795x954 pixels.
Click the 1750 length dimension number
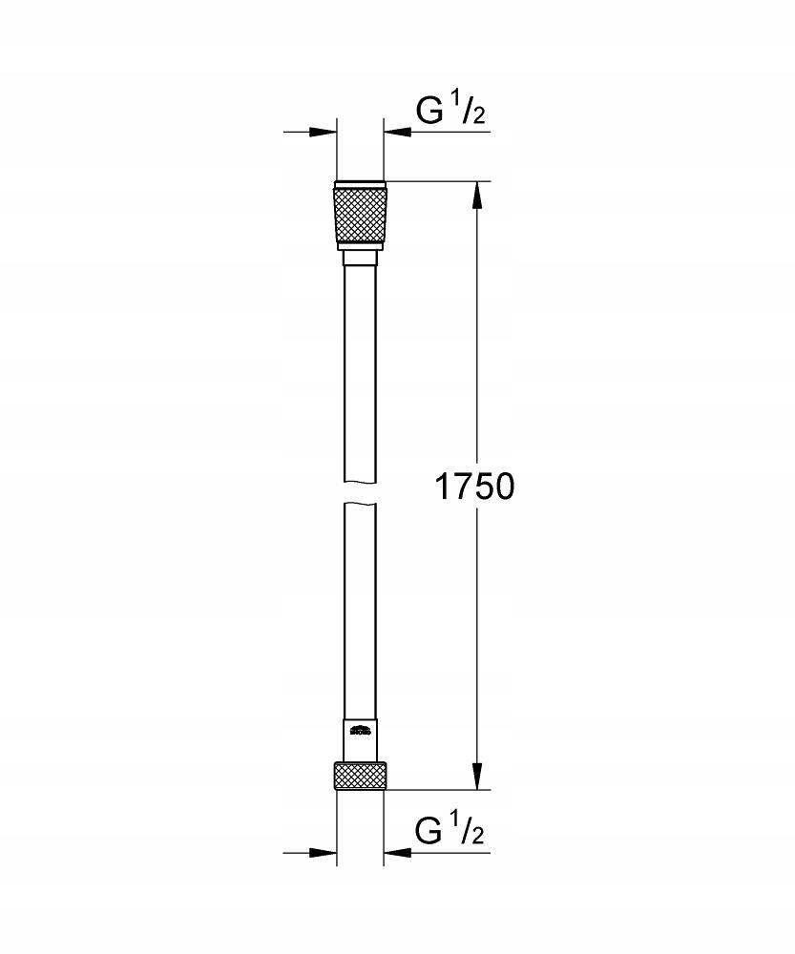click(474, 487)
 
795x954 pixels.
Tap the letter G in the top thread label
click(430, 111)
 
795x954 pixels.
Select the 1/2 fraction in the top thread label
click(468, 109)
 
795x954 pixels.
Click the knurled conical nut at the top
click(360, 218)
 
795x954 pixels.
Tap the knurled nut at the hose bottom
click(360, 775)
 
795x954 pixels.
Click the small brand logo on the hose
click(360, 733)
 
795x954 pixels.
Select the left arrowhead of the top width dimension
click(325, 133)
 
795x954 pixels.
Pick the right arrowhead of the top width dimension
click(395, 133)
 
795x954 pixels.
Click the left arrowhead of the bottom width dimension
click(325, 852)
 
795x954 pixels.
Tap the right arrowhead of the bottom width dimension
click(395, 852)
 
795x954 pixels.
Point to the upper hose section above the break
click(360, 372)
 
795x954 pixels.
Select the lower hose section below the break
click(360, 611)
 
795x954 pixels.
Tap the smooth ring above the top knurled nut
click(360, 183)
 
